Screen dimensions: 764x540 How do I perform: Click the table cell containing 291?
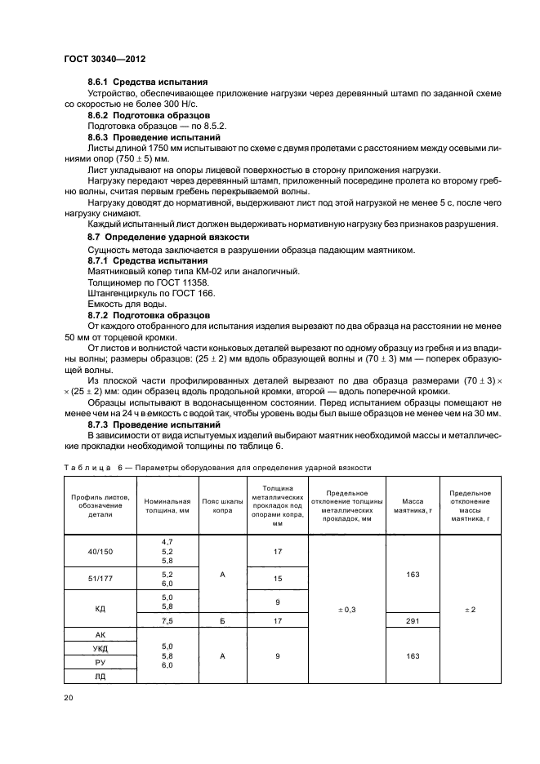point(412,620)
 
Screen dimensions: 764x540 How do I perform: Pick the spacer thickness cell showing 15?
point(277,579)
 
